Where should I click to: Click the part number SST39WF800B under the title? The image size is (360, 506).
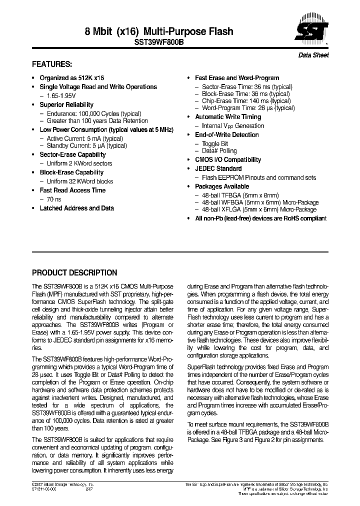(159, 43)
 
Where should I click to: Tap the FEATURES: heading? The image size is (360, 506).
(52, 64)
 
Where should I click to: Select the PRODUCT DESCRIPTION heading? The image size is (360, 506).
(74, 273)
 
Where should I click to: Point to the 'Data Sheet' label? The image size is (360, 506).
(313, 55)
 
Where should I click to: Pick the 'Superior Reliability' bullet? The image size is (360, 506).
(66, 104)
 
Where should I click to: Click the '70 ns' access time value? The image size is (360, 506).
(54, 199)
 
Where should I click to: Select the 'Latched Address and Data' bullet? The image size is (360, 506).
(76, 208)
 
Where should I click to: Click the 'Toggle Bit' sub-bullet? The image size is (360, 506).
(214, 143)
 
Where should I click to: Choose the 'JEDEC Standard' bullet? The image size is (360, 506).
(218, 168)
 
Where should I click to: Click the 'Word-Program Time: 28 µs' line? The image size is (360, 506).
(248, 108)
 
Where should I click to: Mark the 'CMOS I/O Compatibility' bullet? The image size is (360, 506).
(227, 159)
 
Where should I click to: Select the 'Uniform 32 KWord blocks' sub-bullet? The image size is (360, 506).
(79, 181)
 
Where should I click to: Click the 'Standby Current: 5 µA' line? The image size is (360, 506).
(86, 145)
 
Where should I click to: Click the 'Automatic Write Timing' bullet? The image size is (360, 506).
(228, 116)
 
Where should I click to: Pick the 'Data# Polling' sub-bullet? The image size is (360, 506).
(219, 150)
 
